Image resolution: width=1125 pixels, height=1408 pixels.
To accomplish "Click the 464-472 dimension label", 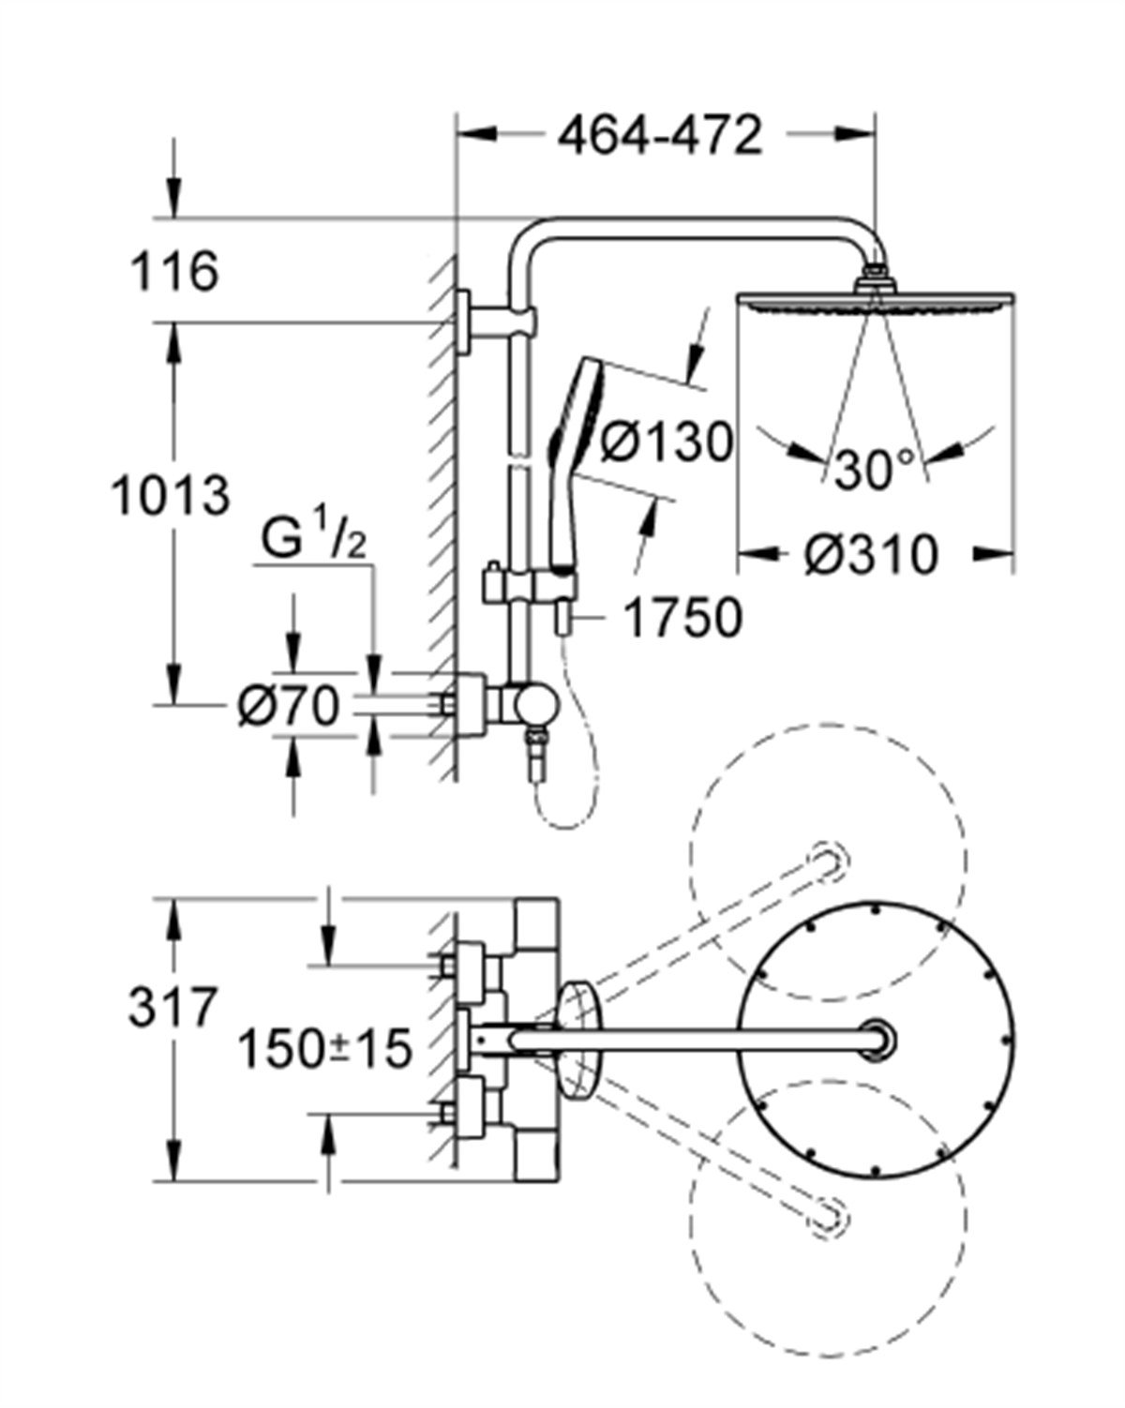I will (660, 137).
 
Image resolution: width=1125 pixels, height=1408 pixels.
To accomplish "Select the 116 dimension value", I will (173, 273).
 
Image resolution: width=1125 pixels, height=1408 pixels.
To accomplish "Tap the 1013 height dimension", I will (170, 495).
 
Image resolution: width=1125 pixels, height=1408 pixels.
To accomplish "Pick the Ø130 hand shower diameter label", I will (666, 441).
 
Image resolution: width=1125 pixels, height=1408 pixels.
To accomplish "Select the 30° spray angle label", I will (876, 470).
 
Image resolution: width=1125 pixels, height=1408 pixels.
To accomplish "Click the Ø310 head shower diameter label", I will (871, 554).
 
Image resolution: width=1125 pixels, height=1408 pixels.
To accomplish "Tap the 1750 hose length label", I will (682, 619).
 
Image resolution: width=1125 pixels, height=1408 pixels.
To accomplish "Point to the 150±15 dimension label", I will (324, 1048).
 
